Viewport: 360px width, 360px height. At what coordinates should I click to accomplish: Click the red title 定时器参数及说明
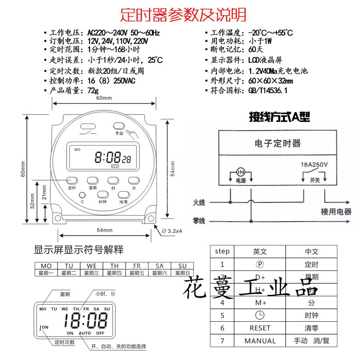tap(183, 15)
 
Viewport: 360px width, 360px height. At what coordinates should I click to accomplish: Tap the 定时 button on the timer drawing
tap(72, 180)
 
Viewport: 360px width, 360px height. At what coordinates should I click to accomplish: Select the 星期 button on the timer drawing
tap(92, 180)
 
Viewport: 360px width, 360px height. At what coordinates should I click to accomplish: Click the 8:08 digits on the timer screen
tap(108, 158)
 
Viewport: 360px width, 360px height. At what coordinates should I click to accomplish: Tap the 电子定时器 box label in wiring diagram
tap(277, 143)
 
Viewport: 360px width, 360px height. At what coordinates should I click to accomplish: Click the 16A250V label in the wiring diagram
tap(314, 164)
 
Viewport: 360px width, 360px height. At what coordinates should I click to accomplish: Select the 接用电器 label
tap(336, 212)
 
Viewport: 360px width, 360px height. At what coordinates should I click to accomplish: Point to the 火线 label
tap(199, 202)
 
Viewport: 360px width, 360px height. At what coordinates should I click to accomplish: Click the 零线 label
tap(199, 221)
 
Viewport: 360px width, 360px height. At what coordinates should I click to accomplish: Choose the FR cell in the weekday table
tap(137, 266)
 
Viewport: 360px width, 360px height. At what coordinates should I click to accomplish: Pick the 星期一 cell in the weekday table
tap(46, 273)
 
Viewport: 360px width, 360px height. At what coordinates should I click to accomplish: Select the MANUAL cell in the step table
tap(260, 341)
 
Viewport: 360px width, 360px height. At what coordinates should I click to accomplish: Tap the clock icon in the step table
tap(260, 315)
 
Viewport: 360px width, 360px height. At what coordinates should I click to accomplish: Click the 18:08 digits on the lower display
tap(85, 320)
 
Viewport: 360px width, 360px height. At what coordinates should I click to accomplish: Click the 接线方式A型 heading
tap(279, 117)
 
